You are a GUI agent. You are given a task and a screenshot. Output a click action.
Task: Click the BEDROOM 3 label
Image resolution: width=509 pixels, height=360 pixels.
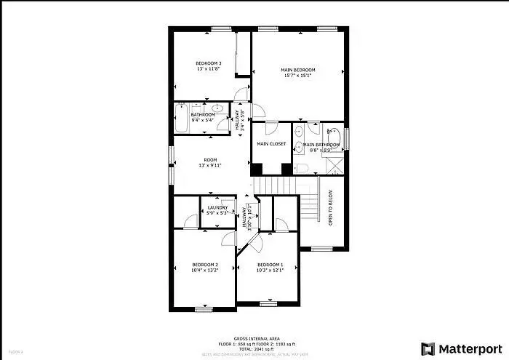click(x=209, y=64)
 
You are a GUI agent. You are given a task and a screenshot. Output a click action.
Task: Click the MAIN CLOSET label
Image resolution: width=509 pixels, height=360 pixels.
click(x=271, y=144)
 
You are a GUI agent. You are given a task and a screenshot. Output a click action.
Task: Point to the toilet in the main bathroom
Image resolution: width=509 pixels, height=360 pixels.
click(x=303, y=168)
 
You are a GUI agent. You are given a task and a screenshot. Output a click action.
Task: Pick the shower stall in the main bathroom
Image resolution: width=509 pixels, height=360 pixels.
click(x=334, y=164)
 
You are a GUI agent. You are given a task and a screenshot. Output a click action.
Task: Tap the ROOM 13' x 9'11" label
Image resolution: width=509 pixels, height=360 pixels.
click(x=210, y=160)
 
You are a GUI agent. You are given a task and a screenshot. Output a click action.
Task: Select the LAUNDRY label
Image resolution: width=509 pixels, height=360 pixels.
click(x=217, y=208)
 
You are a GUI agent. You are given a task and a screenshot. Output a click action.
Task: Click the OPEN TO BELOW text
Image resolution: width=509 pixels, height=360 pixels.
click(x=330, y=209)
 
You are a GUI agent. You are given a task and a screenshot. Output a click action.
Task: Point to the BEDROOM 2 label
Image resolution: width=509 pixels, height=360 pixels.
click(x=204, y=264)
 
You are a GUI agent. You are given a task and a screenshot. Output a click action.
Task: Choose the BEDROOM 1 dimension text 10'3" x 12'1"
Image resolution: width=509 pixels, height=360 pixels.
click(x=270, y=270)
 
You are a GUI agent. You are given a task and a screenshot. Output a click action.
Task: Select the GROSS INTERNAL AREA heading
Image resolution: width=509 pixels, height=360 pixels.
click(x=254, y=338)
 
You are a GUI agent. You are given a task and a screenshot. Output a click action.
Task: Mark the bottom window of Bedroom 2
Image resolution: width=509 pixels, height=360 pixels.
click(x=203, y=309)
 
